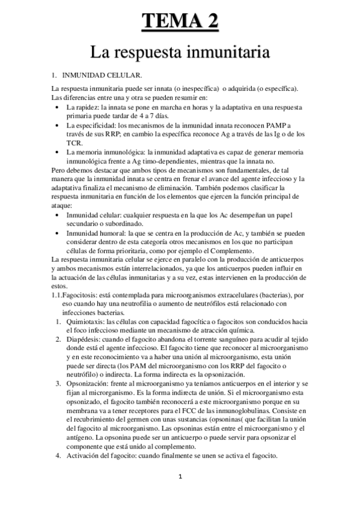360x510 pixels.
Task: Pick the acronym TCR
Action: coord(73,144)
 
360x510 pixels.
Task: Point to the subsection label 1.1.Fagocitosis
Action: coord(78,295)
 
